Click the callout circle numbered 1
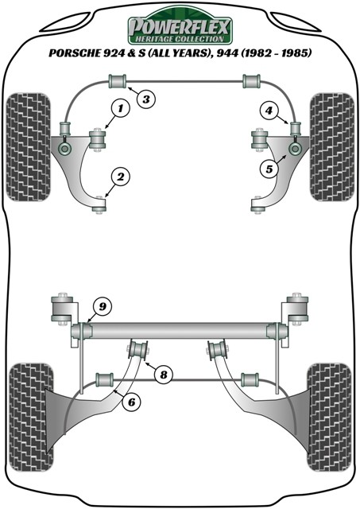pyautogui.click(x=122, y=108)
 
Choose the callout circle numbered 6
pyautogui.click(x=133, y=402)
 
